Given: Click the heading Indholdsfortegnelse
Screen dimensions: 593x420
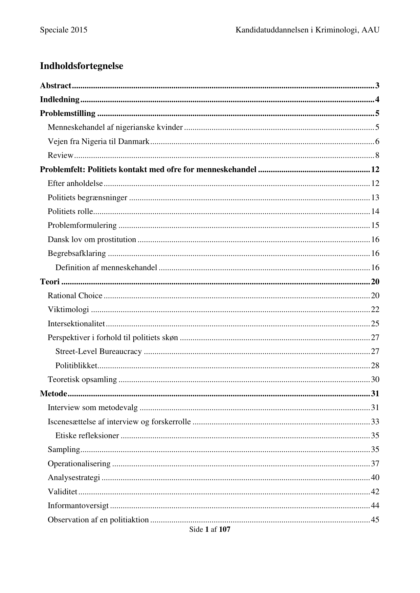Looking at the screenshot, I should [x=81, y=66].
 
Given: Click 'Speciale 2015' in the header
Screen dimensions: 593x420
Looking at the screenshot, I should [x=64, y=30].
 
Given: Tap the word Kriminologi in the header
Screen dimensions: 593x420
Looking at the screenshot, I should [x=336, y=30].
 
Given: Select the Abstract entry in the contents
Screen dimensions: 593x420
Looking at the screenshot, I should [x=56, y=86].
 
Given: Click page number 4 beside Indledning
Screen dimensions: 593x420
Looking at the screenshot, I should [x=377, y=100].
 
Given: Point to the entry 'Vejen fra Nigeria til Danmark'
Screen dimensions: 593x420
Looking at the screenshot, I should [x=98, y=142].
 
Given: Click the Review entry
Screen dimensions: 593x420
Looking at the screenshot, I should [x=60, y=156].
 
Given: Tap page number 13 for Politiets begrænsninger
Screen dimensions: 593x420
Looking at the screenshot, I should [x=375, y=197].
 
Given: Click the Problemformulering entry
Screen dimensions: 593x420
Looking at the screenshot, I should [x=82, y=226].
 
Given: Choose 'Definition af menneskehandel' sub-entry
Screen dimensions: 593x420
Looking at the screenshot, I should [x=106, y=268].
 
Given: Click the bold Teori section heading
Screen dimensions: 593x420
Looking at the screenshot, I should [x=50, y=282].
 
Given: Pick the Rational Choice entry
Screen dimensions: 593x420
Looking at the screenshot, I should [x=75, y=296].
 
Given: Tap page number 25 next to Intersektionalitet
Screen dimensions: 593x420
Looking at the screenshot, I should [x=375, y=324].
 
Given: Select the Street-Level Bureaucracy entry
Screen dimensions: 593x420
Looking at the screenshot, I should [x=98, y=352].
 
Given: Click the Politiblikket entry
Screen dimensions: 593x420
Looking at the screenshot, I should [x=76, y=366].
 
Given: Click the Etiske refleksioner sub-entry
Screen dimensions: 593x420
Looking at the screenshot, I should [x=87, y=436].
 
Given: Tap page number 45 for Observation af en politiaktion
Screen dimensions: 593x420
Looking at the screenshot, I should [x=375, y=520].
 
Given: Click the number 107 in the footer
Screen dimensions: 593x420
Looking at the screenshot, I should [x=224, y=530].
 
